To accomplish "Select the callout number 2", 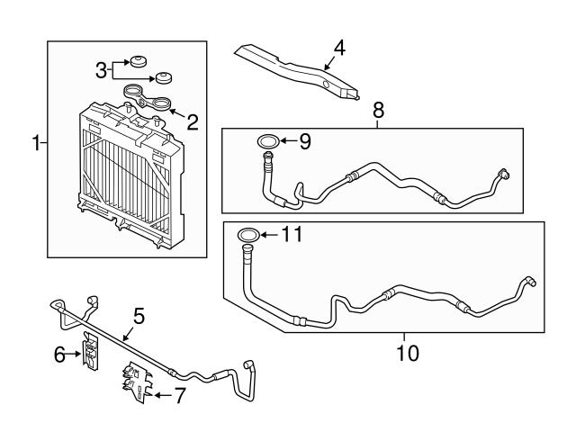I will click(x=193, y=118).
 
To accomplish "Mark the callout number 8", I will click(x=378, y=111).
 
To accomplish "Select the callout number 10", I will click(x=407, y=353).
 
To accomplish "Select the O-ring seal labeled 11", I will click(x=249, y=236).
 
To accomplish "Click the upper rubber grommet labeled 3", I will click(x=139, y=62).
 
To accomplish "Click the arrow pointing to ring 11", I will click(x=270, y=236).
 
